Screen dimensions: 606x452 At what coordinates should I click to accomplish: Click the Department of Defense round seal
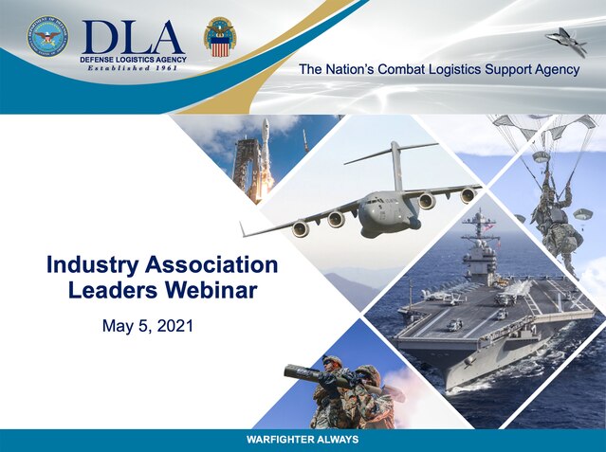(47, 36)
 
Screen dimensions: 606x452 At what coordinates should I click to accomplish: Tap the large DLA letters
(132, 37)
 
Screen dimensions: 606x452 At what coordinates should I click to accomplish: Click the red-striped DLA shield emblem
(220, 38)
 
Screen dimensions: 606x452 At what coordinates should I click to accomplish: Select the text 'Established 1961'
(132, 68)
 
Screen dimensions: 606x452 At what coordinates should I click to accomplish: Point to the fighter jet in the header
(566, 42)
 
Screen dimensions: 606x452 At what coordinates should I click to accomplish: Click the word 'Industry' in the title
(92, 266)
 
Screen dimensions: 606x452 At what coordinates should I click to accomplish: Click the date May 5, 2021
(148, 326)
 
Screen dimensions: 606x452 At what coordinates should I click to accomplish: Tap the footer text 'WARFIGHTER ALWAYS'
(303, 440)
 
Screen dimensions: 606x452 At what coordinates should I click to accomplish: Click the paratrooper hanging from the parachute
(554, 216)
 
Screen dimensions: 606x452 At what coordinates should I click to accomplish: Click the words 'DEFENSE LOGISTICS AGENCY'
(134, 60)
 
